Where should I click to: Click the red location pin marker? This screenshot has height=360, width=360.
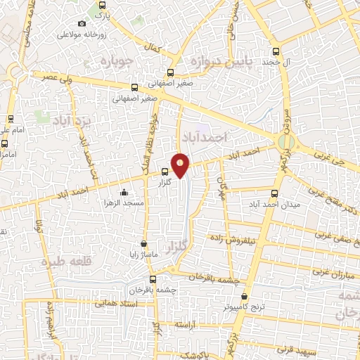tap(181, 165)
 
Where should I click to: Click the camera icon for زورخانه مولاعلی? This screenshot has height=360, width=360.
tap(82, 24)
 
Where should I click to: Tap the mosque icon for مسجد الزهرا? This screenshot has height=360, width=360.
tap(124, 192)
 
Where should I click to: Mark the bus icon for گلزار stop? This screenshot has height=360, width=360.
tap(165, 171)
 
